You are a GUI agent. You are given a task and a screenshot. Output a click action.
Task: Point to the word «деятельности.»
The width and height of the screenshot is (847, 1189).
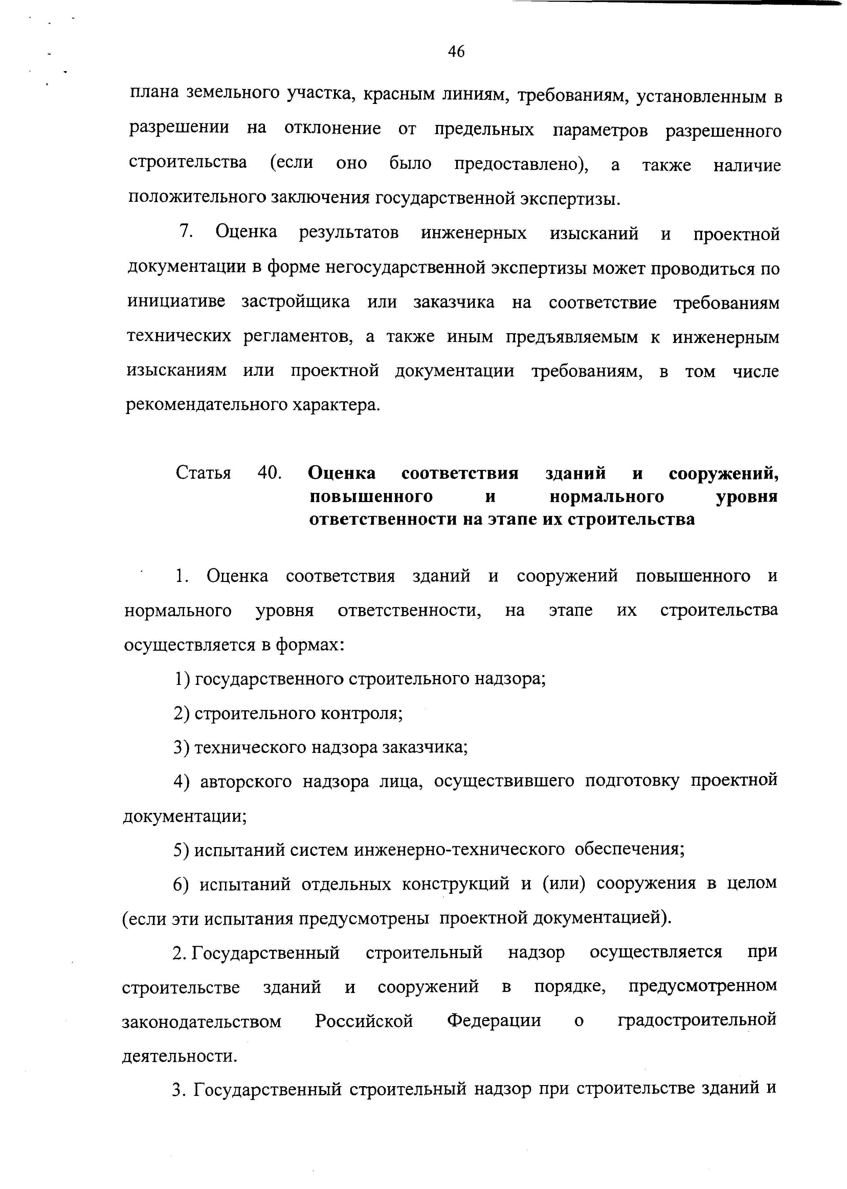[179, 1055]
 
